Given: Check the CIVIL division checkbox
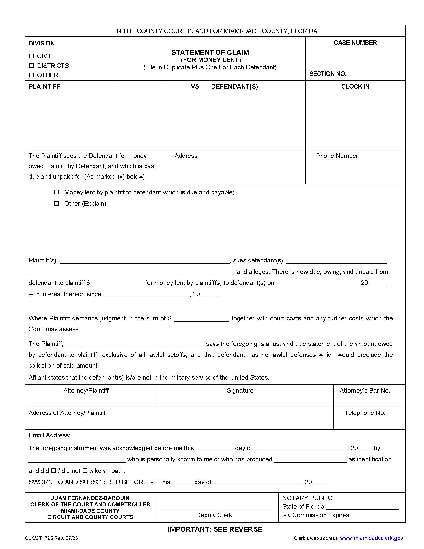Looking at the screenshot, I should point(31,56).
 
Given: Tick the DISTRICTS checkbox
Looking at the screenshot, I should point(31,66).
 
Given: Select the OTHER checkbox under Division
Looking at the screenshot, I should point(31,75).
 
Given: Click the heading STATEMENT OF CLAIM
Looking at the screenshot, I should point(210,53).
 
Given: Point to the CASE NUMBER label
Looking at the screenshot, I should point(355,43).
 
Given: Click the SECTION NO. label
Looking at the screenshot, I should point(327,74).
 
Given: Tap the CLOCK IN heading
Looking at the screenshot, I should point(355,87).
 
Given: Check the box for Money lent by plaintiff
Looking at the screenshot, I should point(57,192).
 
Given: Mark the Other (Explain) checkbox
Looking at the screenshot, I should point(57,203).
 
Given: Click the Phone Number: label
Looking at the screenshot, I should point(338,156).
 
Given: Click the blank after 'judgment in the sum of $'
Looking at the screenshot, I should point(201,319).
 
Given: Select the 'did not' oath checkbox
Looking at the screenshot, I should point(85,471).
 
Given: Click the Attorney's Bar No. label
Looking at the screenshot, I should point(364,390).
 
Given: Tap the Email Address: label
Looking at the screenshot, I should point(49,435).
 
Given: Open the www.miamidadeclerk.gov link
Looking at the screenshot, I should point(371,538).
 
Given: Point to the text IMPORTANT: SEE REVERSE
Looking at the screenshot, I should point(215,529).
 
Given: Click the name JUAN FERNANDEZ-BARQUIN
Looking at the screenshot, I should point(90,498).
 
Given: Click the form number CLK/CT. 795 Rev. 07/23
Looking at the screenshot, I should point(51,538).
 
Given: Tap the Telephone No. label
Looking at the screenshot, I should point(364,413).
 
